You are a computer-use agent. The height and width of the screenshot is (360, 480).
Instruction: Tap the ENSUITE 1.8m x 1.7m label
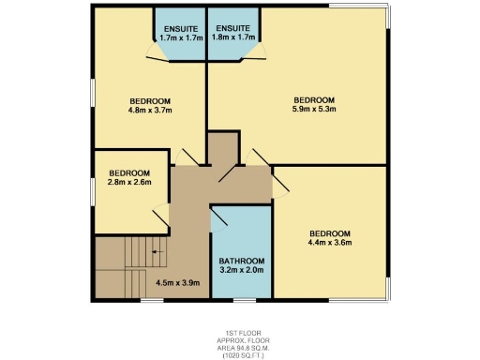pyautogui.click(x=233, y=34)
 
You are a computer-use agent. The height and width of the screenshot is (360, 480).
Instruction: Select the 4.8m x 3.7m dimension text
pyautogui.click(x=150, y=112)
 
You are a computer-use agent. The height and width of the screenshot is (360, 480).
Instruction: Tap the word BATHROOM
pyautogui.click(x=242, y=261)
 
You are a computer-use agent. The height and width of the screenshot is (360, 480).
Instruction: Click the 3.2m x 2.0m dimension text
pyautogui.click(x=242, y=270)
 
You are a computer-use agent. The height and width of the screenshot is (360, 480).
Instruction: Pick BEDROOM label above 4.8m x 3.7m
pyautogui.click(x=150, y=101)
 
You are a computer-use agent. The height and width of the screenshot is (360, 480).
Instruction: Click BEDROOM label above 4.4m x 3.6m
pyautogui.click(x=329, y=233)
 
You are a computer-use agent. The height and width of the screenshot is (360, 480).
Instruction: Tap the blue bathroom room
pyautogui.click(x=242, y=230)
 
